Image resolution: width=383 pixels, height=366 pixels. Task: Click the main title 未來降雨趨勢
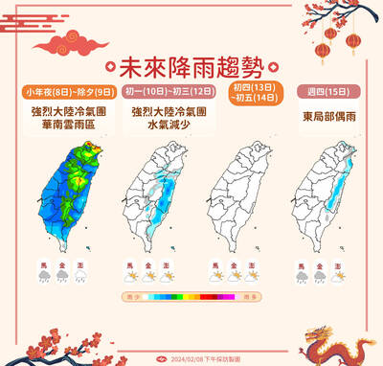click(x=191, y=68)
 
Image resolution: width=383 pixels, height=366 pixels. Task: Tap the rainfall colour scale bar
click(x=191, y=298)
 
